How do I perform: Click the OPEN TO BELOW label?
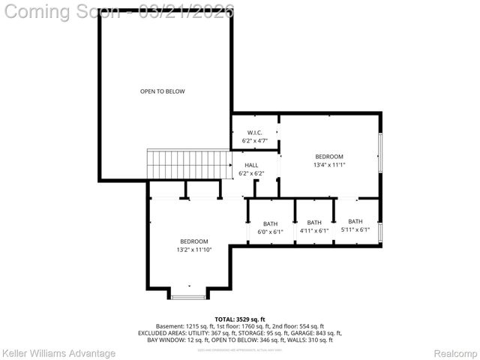(x=162, y=91)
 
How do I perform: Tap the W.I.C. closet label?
(x=254, y=133)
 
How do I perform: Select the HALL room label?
(x=251, y=166)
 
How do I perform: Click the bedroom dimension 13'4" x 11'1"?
(x=328, y=165)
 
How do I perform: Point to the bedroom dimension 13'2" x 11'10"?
(x=193, y=250)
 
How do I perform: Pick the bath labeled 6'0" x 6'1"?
(x=270, y=232)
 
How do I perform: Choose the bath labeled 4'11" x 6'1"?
(x=314, y=231)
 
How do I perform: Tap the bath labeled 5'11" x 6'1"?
(x=355, y=230)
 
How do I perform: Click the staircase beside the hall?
(x=188, y=164)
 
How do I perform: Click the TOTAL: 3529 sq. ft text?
(x=240, y=319)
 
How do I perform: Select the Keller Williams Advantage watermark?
(x=59, y=353)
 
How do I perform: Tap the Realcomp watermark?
(x=455, y=353)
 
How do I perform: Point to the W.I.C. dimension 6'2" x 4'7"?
(x=254, y=141)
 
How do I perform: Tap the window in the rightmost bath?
(x=380, y=232)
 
